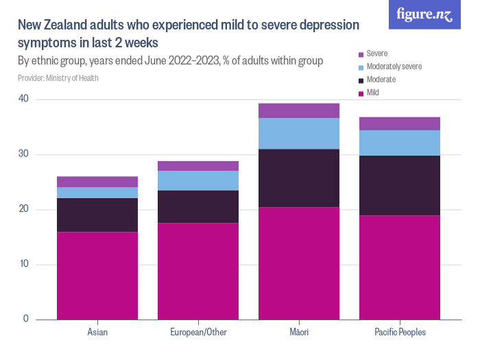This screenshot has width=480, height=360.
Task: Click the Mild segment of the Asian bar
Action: (97, 276)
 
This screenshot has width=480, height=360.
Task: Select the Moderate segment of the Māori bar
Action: (299, 178)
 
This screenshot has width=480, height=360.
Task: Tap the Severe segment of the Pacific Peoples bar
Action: (400, 123)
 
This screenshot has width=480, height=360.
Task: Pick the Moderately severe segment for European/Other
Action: (198, 180)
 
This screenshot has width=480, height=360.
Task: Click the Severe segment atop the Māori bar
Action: (299, 110)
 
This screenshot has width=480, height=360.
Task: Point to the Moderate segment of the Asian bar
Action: (97, 215)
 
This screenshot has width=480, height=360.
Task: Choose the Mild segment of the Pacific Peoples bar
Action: (400, 267)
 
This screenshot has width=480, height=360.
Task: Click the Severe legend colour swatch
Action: (361, 53)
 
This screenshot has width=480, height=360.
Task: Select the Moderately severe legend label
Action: (394, 67)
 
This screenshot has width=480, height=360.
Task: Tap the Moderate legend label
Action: (381, 80)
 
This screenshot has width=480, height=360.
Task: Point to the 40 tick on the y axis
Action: (24, 99)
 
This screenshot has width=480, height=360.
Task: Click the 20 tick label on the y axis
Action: (24, 209)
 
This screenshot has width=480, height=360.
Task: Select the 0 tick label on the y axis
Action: (26, 319)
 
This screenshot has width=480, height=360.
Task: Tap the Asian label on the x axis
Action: (97, 333)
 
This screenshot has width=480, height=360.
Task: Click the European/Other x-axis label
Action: (198, 333)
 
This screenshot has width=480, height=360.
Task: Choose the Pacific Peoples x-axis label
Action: (400, 333)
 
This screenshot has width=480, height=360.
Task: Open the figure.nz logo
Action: (424, 15)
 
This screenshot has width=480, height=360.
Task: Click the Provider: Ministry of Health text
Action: (58, 78)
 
